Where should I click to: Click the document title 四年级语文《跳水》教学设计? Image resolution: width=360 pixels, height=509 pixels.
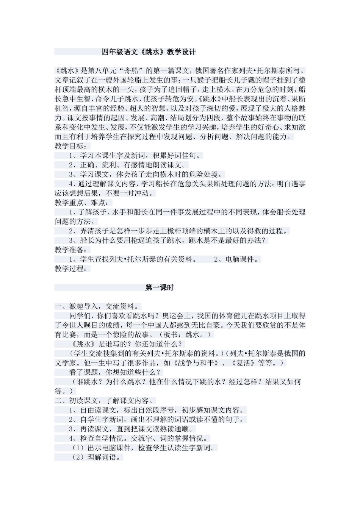click(x=149, y=52)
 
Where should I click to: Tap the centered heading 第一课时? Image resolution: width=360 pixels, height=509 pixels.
click(x=160, y=288)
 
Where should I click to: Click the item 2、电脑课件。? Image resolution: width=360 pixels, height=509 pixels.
click(x=237, y=259)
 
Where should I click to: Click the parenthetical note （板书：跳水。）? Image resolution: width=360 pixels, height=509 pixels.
click(x=185, y=335)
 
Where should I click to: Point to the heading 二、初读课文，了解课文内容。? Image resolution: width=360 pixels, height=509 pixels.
click(x=105, y=401)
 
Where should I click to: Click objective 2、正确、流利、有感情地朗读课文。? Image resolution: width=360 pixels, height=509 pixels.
click(x=128, y=165)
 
